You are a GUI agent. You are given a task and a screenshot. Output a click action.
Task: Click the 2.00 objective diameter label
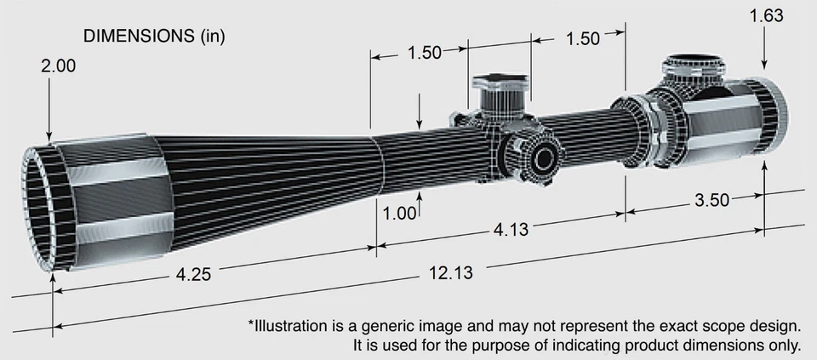(x=60, y=66)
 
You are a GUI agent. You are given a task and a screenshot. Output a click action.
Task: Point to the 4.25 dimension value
(x=194, y=275)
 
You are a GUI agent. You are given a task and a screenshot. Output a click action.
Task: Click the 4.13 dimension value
(x=511, y=230)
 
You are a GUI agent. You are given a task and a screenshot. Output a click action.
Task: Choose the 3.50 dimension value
(x=712, y=201)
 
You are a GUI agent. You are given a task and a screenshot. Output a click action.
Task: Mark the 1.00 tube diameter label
(x=398, y=213)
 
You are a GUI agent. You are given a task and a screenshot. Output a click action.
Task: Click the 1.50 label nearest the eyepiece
(x=583, y=38)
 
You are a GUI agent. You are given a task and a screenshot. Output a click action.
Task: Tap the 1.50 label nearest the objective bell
(x=424, y=53)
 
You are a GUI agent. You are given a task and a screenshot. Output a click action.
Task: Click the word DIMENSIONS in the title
(x=138, y=37)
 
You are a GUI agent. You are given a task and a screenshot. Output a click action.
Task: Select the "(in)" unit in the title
(x=210, y=37)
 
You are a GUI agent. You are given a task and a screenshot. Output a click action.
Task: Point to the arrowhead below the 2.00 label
(x=49, y=136)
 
